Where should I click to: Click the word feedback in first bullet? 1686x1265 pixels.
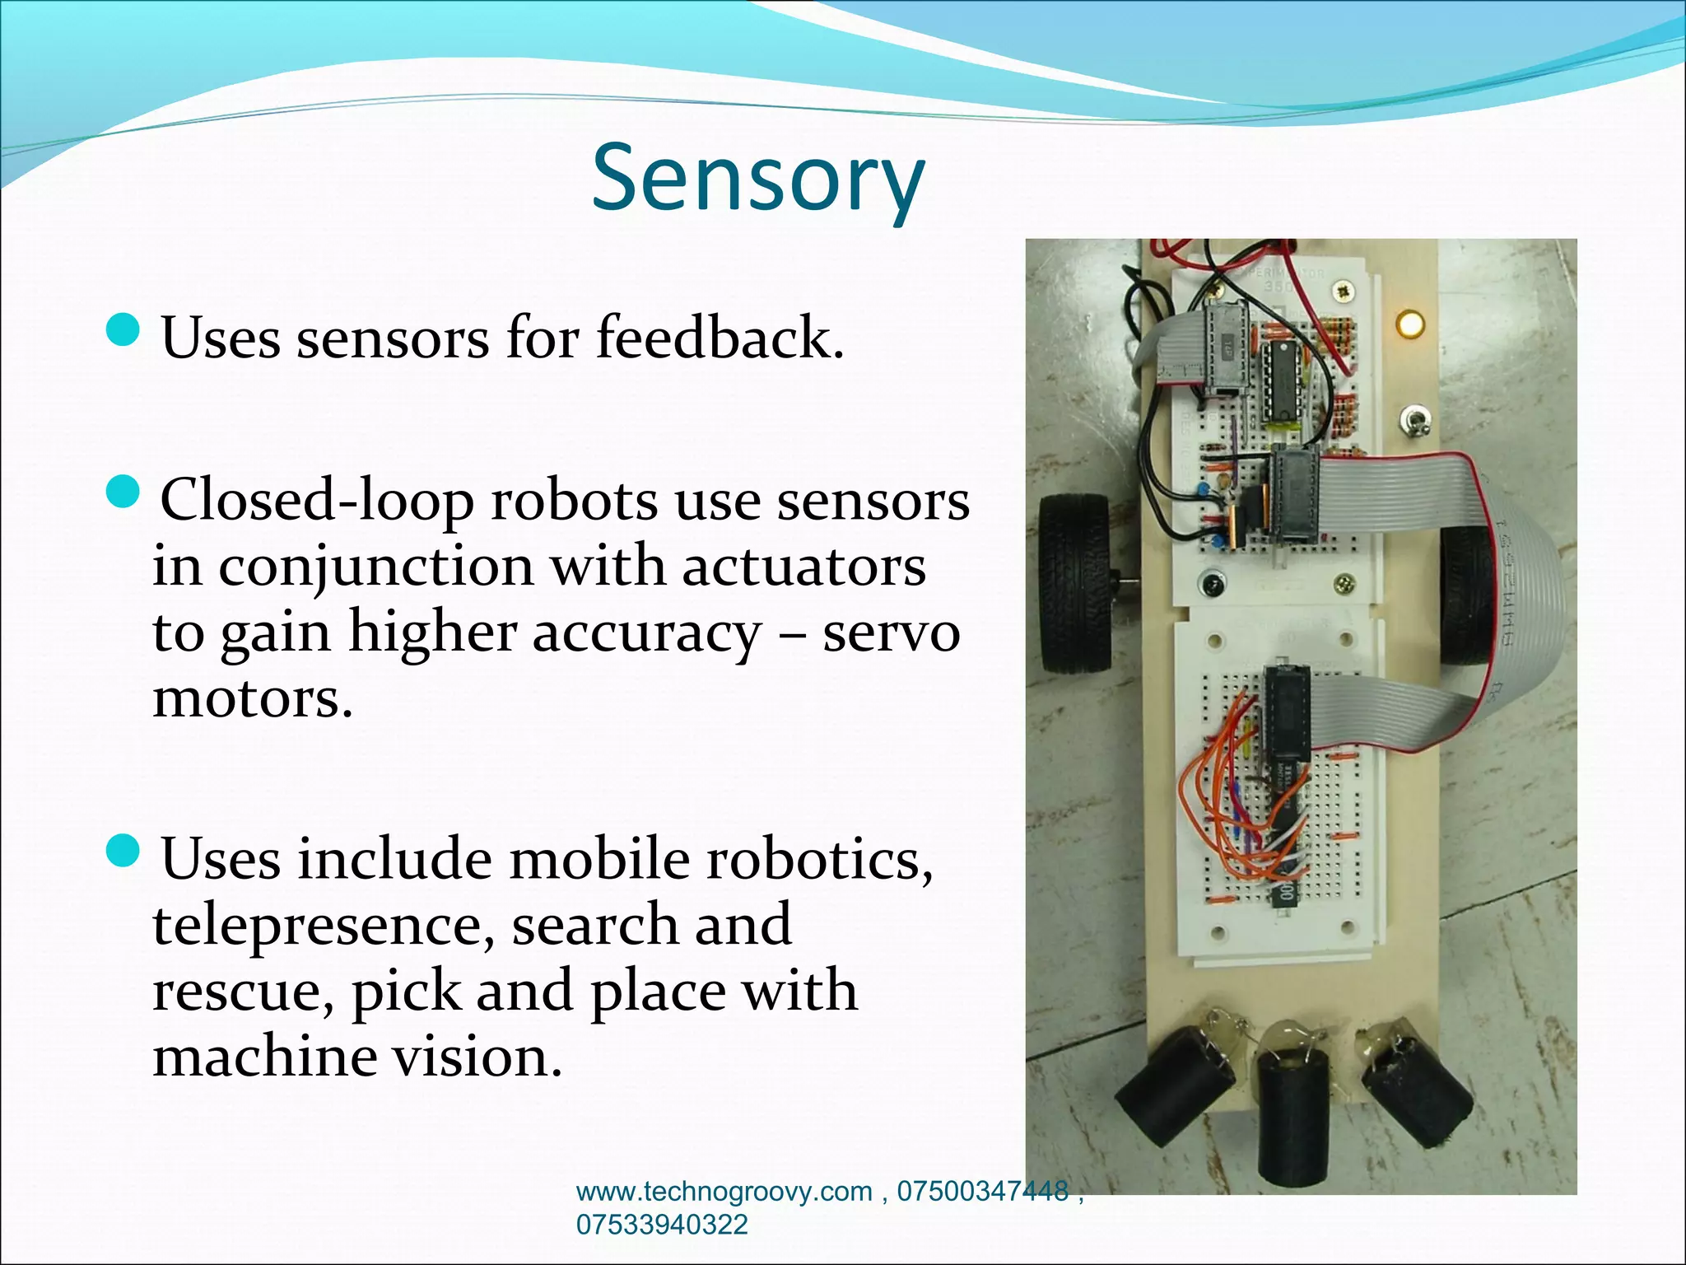(x=720, y=338)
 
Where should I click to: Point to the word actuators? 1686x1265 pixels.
(x=803, y=567)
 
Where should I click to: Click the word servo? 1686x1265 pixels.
(x=892, y=632)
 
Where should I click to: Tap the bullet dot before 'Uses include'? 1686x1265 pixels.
(x=124, y=850)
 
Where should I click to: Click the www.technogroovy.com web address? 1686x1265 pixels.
(x=724, y=1192)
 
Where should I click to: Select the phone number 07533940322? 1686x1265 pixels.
(x=662, y=1225)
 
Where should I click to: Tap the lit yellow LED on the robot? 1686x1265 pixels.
(x=1409, y=323)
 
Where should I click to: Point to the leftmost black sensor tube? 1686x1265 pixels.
(x=1173, y=1095)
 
